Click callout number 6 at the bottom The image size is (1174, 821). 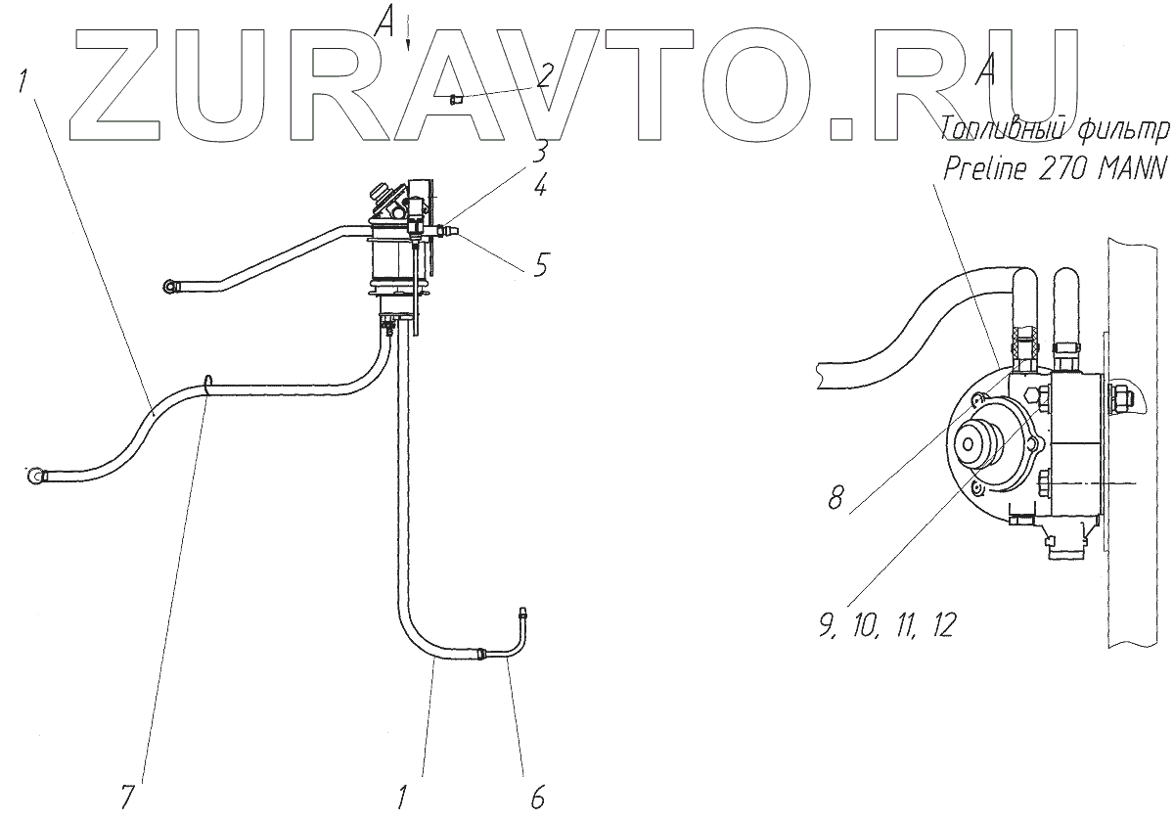[536, 798]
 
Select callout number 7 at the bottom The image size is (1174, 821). [127, 798]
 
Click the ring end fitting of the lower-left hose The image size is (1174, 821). [37, 476]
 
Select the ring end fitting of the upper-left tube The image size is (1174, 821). [172, 286]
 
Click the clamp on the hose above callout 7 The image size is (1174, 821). [208, 385]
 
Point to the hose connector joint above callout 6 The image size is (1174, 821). [482, 655]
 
